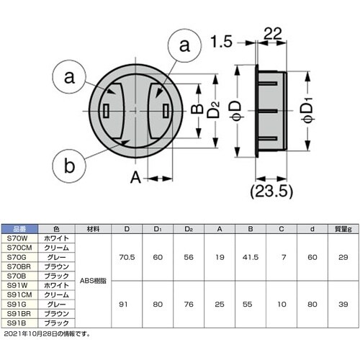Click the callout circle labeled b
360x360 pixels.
[68, 166]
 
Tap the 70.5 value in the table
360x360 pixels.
[127, 256]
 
